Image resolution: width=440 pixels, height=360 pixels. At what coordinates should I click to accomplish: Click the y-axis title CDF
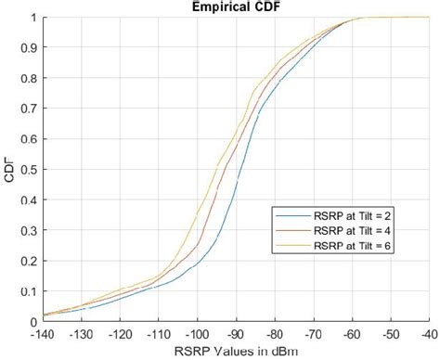coord(8,170)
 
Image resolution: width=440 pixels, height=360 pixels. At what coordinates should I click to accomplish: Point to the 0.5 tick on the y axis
coord(28,170)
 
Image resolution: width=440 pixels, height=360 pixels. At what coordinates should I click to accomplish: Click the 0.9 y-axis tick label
coord(28,48)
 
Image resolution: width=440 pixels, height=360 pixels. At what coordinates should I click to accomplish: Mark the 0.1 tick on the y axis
coord(28,291)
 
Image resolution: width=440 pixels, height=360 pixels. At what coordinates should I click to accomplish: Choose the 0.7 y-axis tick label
coord(28,109)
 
